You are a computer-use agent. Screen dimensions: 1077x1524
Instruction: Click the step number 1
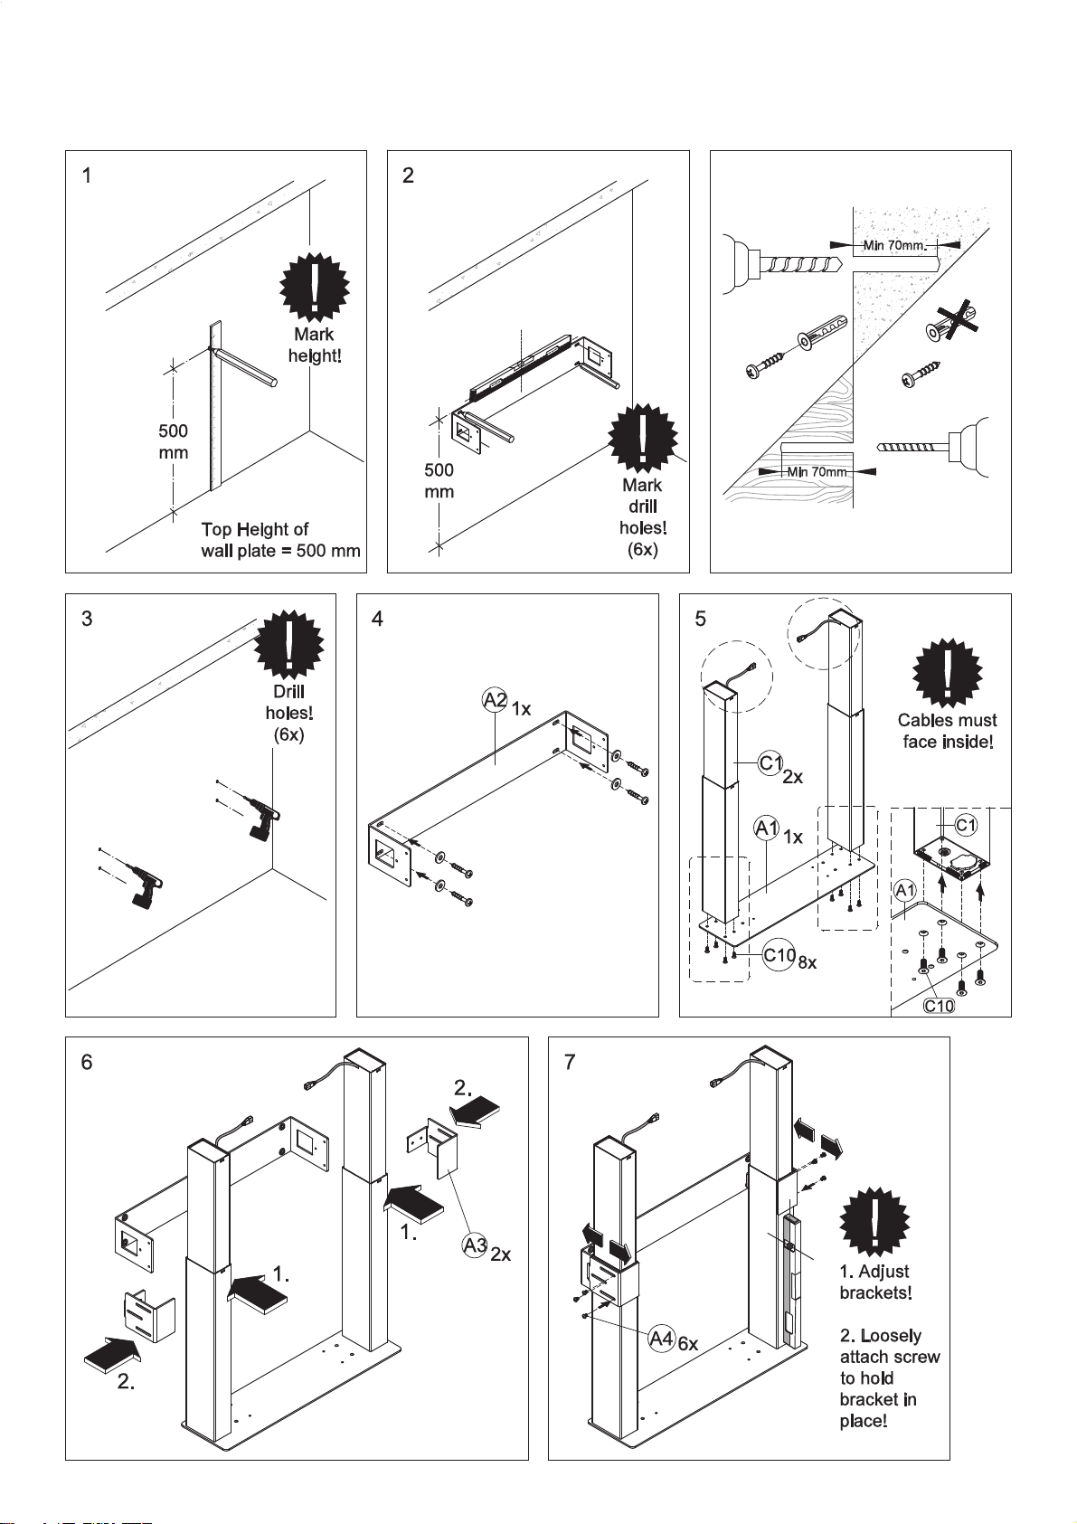coord(87,175)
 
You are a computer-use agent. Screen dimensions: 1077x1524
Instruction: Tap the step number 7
coord(570,1062)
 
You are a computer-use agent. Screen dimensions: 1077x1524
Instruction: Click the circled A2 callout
coord(495,700)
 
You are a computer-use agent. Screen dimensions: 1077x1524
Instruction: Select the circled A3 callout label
coord(475,1245)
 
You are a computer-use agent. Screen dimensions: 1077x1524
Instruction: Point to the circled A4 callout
coord(661,1339)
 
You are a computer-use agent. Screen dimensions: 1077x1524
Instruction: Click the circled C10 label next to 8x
coord(779,955)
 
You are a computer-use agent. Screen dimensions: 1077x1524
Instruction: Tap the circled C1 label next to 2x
coord(770,764)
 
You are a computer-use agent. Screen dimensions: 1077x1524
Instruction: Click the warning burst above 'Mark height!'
coord(315,287)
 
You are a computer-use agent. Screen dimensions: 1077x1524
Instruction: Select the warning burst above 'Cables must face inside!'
coord(948,674)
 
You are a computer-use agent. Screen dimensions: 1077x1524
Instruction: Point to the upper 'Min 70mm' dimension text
coord(895,245)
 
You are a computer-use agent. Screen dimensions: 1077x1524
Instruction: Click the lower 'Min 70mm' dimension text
coord(817,471)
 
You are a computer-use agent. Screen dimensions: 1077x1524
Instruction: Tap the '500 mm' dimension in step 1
coord(173,441)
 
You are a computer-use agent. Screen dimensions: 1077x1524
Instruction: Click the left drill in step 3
coord(143,883)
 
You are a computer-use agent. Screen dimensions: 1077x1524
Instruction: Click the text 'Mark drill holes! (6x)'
coord(642,517)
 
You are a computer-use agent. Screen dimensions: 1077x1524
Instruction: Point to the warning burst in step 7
coord(874,1223)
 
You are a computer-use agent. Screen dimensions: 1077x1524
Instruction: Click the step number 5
coord(701,619)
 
